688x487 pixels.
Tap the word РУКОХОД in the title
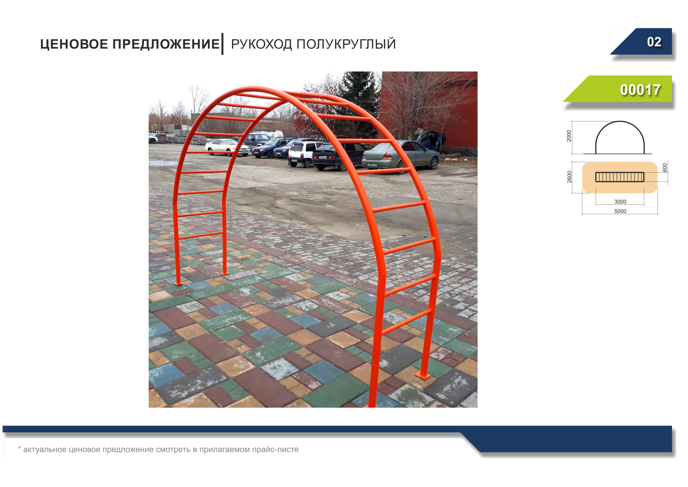261,44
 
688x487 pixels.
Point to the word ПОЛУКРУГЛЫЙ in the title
346,44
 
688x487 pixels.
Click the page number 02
654,42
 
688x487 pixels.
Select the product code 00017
640,90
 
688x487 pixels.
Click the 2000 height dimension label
569,136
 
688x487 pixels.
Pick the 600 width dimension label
665,168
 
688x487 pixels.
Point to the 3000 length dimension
620,202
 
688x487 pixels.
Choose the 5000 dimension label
620,211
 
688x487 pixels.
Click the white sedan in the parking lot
227,147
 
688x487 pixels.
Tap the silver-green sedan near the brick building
401,155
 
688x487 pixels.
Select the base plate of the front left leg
178,283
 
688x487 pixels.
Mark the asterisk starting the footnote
19,448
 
